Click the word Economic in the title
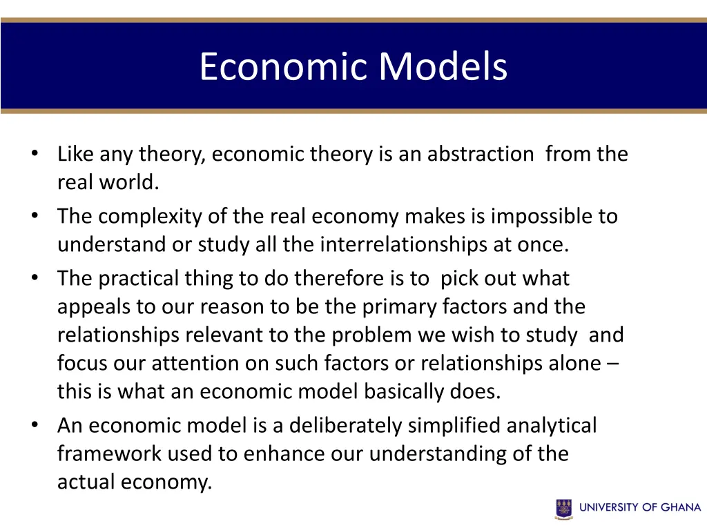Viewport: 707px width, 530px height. (x=284, y=67)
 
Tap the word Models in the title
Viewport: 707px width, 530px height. (x=443, y=67)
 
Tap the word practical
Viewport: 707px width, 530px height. (x=138, y=279)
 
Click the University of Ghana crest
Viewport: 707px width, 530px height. (x=564, y=509)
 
